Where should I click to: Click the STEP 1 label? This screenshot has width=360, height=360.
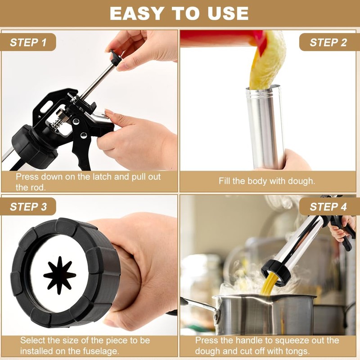(28, 42)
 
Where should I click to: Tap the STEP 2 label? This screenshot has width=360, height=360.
(328, 42)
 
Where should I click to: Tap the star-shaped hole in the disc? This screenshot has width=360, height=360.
(59, 275)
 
